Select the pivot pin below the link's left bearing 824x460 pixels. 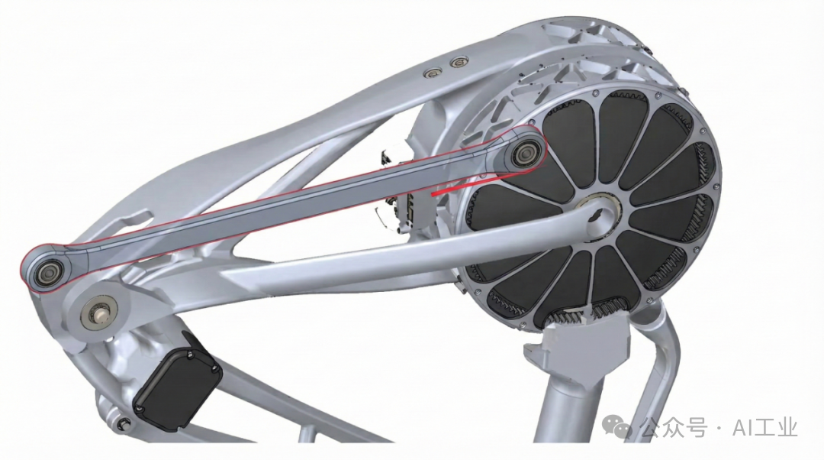click(98, 313)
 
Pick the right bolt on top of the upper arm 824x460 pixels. click(459, 63)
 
